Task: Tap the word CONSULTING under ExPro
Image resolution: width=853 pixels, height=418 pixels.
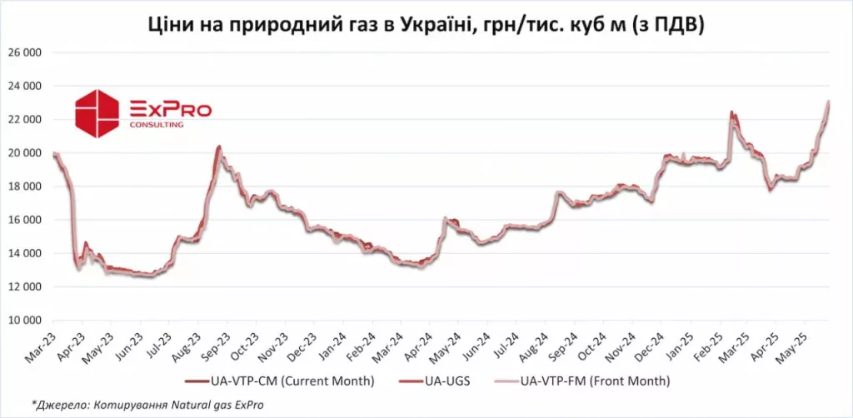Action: click(157, 125)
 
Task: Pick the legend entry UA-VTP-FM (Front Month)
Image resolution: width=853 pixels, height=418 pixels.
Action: click(594, 381)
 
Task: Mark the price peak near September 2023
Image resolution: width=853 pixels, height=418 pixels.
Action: click(218, 147)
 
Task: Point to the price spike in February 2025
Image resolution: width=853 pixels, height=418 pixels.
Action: click(731, 112)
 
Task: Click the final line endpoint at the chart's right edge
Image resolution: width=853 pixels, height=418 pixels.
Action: click(828, 102)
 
